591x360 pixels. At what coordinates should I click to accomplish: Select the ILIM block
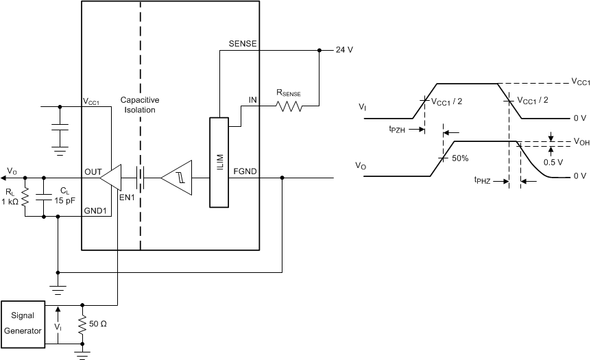[218, 162]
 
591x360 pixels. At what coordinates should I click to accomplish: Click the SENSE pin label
[243, 43]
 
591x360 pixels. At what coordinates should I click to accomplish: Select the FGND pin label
[245, 171]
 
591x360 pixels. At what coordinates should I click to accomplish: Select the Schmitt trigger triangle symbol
[176, 178]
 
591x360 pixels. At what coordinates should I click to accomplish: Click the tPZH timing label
[397, 128]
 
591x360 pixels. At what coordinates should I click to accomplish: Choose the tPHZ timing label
[484, 180]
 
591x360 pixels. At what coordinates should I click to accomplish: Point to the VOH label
[580, 143]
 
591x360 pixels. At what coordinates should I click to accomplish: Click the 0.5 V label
[552, 163]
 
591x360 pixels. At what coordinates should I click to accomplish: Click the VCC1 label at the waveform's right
[580, 82]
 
